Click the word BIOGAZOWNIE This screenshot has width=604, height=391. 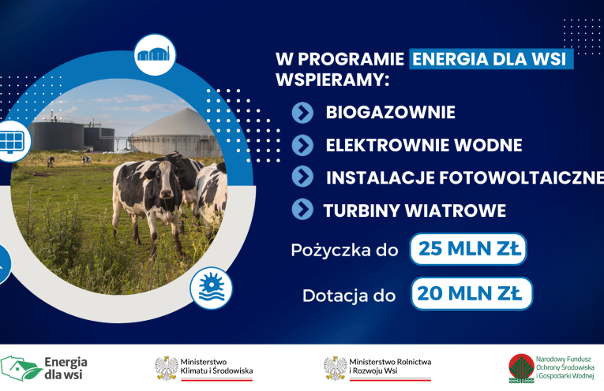pos(390,112)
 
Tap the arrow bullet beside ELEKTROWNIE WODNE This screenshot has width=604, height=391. pos(302,145)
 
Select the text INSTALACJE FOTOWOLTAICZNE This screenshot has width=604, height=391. pos(465,177)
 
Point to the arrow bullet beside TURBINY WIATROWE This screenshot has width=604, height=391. pos(302,209)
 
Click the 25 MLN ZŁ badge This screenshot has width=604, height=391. pos(468,249)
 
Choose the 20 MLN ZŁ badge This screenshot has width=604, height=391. pos(471,293)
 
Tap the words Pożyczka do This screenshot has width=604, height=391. pos(344,250)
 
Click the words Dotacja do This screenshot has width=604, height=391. pos(349,296)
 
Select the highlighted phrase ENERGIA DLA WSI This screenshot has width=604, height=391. pos(491,59)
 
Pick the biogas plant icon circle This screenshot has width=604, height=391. pos(155,54)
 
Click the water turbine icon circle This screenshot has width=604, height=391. pos(211,288)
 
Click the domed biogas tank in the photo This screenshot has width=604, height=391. pos(175,132)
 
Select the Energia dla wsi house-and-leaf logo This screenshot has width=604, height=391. pos(21,368)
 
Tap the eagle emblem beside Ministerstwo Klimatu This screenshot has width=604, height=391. pos(167,368)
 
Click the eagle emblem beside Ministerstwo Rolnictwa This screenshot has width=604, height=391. pos(335,368)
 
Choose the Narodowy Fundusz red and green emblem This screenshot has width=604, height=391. pos(521,368)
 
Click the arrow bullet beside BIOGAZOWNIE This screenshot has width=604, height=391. pos(302,113)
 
